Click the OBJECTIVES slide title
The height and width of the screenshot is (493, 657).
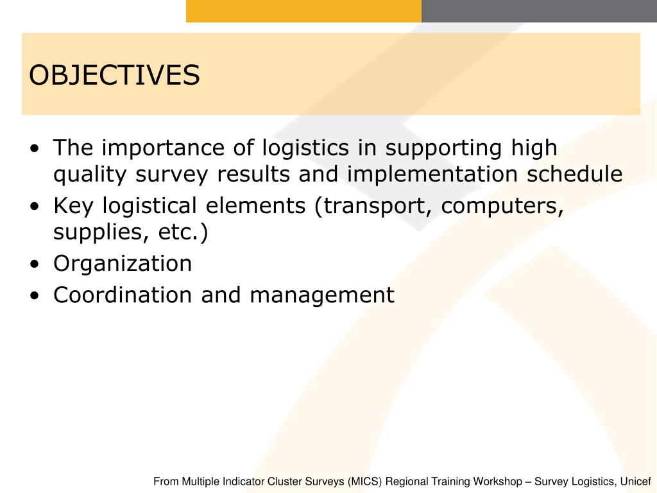point(114,75)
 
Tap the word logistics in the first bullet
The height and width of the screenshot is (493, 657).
point(305,149)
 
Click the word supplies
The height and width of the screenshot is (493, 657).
point(93,232)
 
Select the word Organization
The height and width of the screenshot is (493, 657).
point(123,263)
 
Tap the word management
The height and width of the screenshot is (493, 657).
point(322,295)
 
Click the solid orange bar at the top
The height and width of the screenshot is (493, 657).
point(303,11)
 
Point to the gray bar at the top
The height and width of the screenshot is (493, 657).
point(539,11)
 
